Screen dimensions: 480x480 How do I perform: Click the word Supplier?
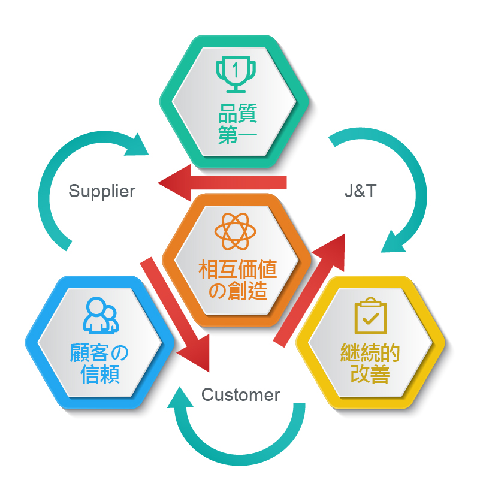point(102,192)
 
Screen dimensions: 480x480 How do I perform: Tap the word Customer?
point(240,395)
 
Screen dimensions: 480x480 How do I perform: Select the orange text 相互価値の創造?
point(238,279)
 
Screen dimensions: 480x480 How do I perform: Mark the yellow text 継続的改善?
point(370,363)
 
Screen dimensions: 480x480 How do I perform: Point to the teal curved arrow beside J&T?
point(410,186)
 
